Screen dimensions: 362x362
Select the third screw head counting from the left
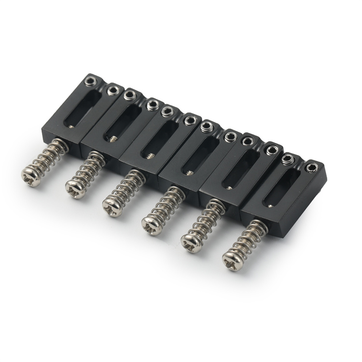(112, 207)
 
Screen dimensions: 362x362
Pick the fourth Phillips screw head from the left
(152, 225)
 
